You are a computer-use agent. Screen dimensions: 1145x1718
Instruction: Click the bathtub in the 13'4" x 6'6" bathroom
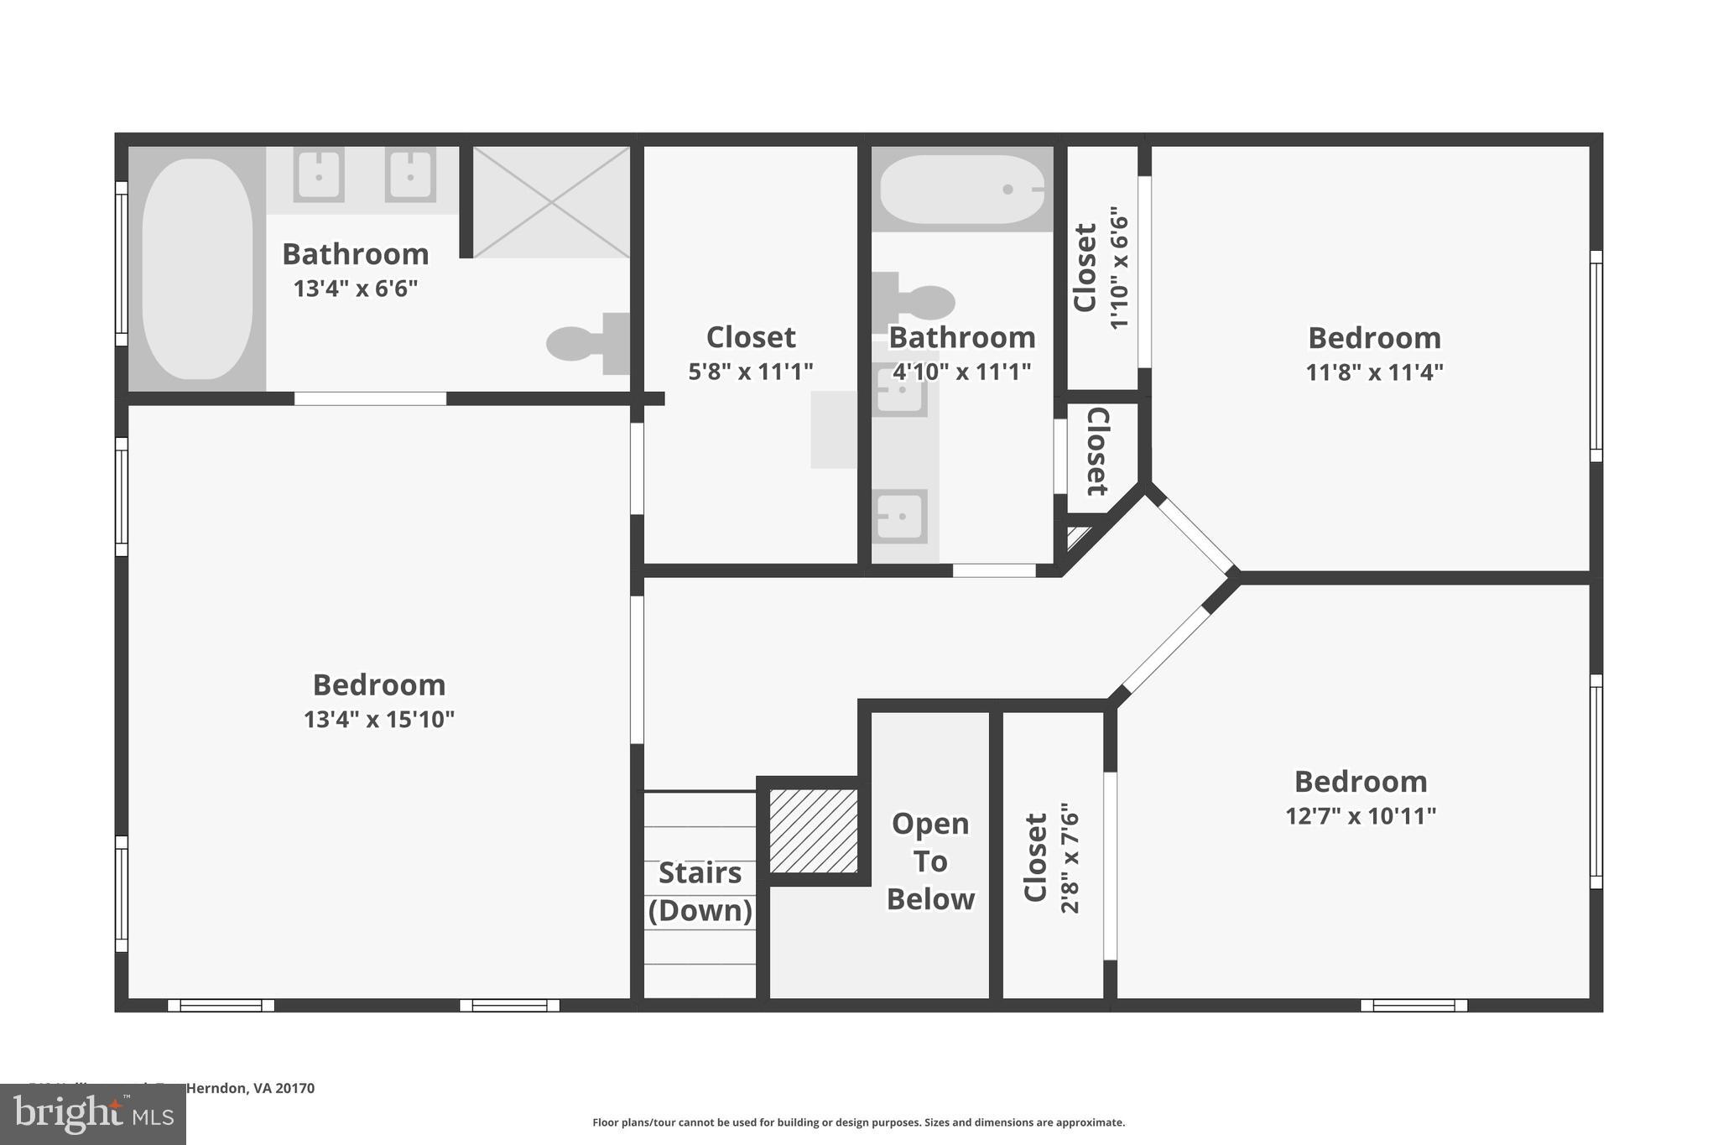click(197, 268)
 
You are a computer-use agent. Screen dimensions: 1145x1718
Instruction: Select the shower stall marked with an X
click(551, 202)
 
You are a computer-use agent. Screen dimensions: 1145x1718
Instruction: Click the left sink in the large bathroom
click(319, 174)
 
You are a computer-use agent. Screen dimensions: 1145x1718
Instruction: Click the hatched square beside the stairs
click(814, 830)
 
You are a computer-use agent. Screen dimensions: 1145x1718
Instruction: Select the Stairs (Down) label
click(700, 891)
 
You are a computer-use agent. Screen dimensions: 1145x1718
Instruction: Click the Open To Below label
click(930, 861)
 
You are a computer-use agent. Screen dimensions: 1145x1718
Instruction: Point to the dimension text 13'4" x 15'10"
click(379, 720)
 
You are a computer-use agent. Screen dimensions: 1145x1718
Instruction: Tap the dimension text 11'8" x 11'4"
click(1374, 372)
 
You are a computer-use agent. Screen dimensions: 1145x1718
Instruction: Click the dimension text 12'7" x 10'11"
click(1361, 815)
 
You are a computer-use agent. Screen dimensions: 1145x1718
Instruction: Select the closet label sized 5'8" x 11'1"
click(751, 337)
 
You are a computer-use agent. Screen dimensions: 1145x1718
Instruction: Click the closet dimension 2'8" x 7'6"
click(1070, 857)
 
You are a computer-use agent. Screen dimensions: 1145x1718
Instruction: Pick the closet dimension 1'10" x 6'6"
click(1119, 268)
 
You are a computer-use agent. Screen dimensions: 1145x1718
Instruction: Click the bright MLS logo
click(93, 1115)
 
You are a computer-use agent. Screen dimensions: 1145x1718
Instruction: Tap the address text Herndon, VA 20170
click(250, 1089)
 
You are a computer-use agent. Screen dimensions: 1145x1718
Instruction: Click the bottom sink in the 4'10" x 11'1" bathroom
click(899, 516)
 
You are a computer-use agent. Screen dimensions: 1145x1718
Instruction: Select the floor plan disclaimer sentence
click(858, 1122)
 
